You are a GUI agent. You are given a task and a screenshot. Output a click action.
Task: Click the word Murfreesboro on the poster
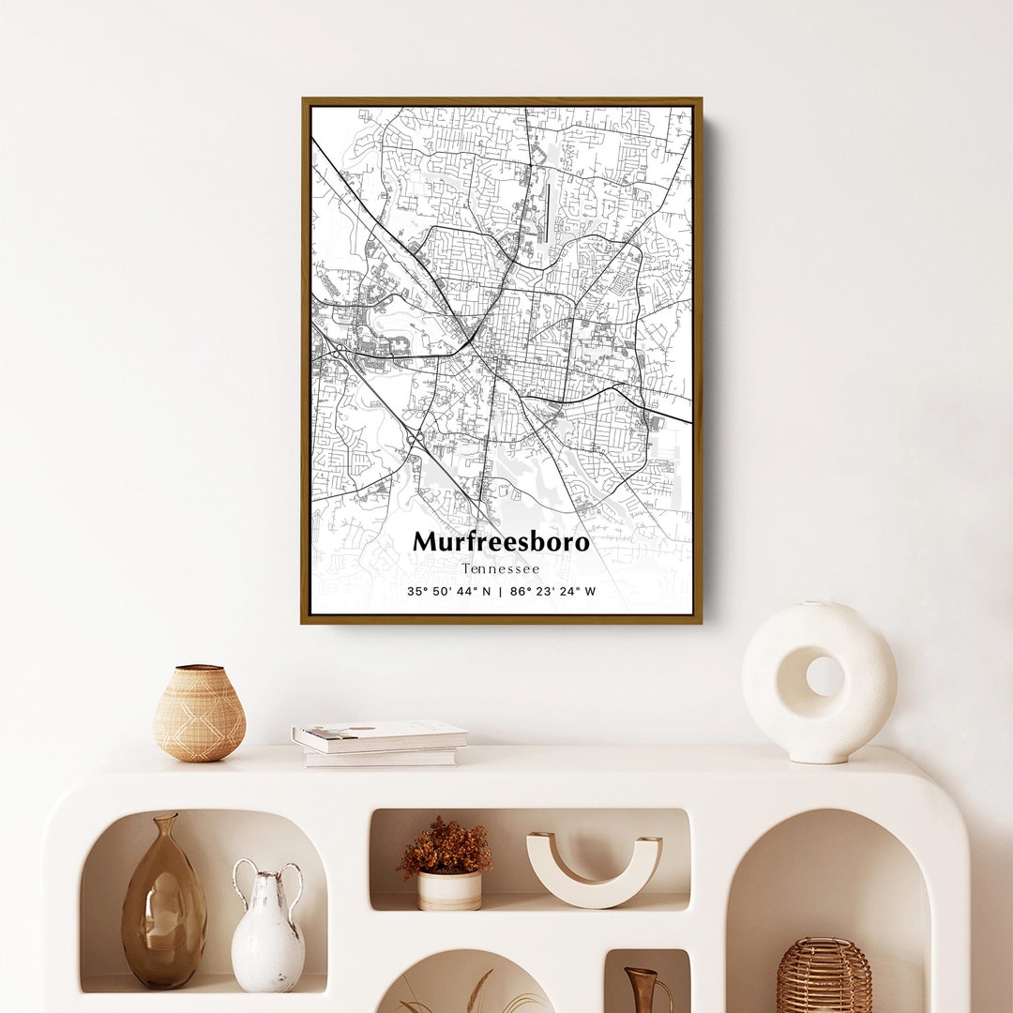pyautogui.click(x=501, y=542)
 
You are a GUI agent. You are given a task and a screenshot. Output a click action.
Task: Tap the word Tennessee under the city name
pyautogui.click(x=501, y=569)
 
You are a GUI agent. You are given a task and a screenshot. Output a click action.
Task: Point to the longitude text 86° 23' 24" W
pyautogui.click(x=552, y=592)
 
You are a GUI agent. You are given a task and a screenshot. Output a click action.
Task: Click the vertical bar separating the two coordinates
pyautogui.click(x=501, y=592)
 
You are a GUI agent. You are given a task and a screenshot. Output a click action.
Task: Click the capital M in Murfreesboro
pyautogui.click(x=425, y=542)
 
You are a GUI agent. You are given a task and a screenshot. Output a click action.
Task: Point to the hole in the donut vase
pyautogui.click(x=824, y=675)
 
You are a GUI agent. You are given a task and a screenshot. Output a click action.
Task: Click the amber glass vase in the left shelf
pyautogui.click(x=163, y=919)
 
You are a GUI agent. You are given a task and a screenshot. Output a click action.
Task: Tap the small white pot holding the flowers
pyautogui.click(x=448, y=890)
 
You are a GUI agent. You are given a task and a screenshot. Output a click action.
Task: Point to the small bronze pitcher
pyautogui.click(x=645, y=990)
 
